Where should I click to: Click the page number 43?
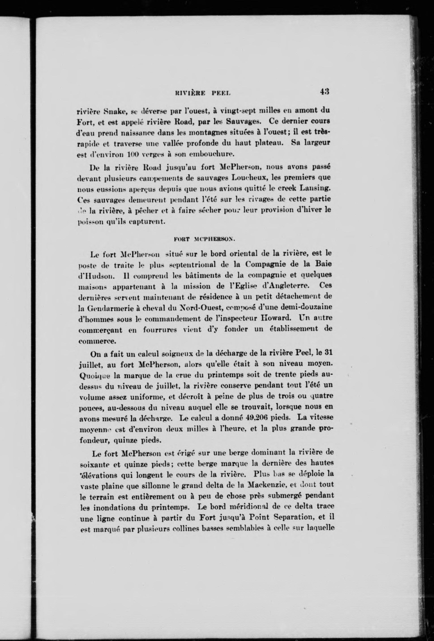point(325,92)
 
